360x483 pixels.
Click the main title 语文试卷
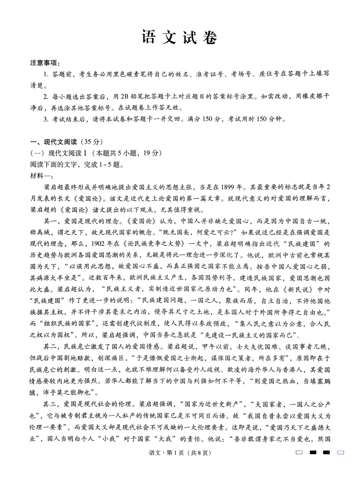pos(180,38)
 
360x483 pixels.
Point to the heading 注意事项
pos(45,63)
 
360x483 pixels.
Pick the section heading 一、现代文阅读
pos(53,142)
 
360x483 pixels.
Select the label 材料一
pos(41,176)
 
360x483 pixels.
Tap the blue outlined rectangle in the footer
pos(340,452)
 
